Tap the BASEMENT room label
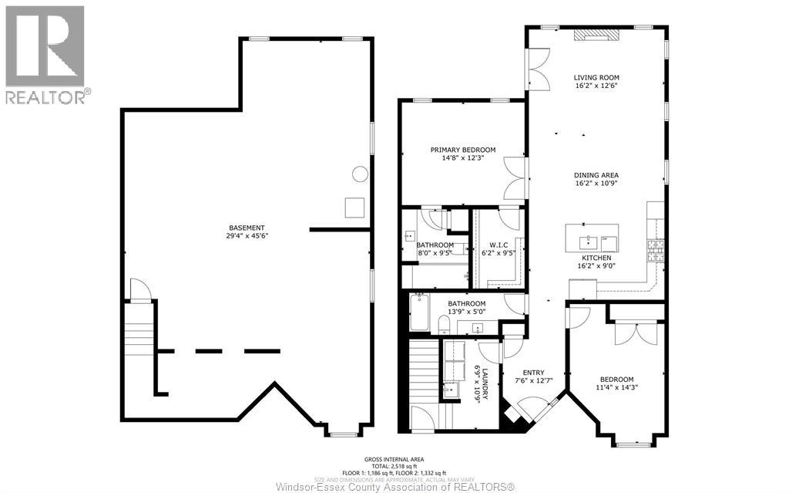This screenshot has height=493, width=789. coord(247,227)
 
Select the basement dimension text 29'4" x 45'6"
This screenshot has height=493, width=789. coord(247,235)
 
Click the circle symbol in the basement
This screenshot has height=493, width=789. coord(360,174)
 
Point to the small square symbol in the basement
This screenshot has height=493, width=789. coord(354,208)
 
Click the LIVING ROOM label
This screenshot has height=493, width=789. coord(596,77)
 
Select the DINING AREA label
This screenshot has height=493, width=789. coord(596,175)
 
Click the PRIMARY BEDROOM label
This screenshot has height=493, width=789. coord(462,150)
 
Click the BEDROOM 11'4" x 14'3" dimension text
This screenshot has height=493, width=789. coord(617,387)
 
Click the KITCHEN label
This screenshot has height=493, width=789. coord(596,258)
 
